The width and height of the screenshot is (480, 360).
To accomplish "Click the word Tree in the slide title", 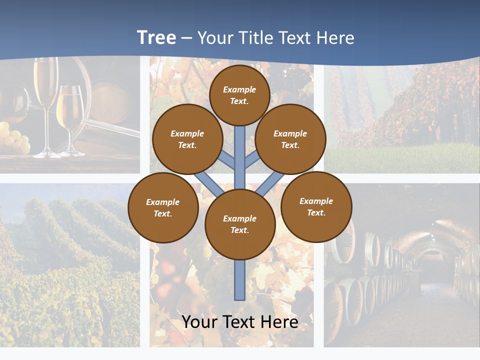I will click(156, 38).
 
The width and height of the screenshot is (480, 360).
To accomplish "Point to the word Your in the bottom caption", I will click(199, 322).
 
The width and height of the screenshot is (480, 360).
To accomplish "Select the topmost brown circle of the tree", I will click(239, 95).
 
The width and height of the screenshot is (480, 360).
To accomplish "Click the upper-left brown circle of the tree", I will click(187, 139).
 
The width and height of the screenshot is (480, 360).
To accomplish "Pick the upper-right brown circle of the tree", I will click(290, 139).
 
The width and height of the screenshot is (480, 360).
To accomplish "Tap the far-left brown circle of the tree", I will click(163, 207).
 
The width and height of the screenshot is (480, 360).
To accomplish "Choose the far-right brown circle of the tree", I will click(316, 206).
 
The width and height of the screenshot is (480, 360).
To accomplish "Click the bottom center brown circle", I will click(240, 224).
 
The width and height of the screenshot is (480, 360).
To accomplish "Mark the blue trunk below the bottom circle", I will click(240, 280).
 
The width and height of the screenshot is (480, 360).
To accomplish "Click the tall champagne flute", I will click(45, 90).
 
